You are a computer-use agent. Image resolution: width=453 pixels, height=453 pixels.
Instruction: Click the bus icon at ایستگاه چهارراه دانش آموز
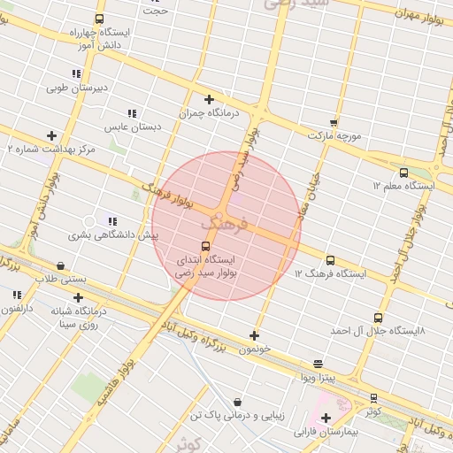[98, 19]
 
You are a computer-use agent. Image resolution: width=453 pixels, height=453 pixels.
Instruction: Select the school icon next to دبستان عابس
[132, 113]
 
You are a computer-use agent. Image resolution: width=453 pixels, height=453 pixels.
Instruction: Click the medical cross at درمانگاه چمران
[209, 99]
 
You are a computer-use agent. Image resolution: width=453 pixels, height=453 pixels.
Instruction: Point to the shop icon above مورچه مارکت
[334, 122]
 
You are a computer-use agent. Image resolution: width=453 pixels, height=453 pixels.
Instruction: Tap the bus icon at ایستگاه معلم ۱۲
[404, 173]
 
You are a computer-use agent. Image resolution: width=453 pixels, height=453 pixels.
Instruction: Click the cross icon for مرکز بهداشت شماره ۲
[52, 135]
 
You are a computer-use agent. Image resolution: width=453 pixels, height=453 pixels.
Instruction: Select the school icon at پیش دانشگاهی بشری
[111, 221]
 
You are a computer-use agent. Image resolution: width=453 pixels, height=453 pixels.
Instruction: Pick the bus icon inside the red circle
[206, 246]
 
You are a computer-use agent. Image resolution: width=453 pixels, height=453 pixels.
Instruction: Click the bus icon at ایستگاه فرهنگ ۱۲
[330, 260]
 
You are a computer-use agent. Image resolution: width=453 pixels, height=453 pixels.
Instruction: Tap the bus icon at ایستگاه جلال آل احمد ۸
[379, 318]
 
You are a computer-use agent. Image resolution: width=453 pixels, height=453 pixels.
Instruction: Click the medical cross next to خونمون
[255, 335]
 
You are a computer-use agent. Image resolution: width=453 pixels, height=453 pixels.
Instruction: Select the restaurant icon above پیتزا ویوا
[318, 364]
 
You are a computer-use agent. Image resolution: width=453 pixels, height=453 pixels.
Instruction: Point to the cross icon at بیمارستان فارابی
[326, 418]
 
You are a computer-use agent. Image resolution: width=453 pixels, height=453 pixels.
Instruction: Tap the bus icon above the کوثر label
[374, 398]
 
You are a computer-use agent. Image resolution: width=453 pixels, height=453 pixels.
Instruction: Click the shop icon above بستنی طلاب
[60, 265]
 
